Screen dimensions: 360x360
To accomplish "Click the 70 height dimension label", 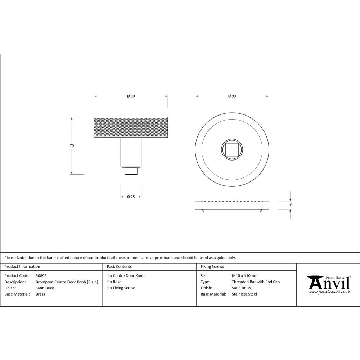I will pos(72,145).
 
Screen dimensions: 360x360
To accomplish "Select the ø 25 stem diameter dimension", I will pos(131,197).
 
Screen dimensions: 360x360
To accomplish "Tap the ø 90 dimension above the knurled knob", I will pos(131,96).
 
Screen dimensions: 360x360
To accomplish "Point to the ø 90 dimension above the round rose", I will pos(232,96).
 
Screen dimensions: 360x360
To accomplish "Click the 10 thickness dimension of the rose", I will pos(290,205).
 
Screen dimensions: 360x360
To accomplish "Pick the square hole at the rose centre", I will pos(232,149).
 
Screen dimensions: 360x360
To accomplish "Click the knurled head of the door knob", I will pos(131,127).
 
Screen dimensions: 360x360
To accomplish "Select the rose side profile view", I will pos(232,205).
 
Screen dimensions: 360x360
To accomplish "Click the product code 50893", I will pos(41,276).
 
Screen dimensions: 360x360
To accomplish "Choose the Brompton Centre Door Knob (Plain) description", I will pos(67,282).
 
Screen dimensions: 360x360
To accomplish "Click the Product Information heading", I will pos(22,267).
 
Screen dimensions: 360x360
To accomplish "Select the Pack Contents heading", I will pos(120,267).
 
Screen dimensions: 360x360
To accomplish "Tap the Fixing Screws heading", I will pos(212,267).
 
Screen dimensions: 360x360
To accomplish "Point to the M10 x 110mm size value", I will pos(244,276).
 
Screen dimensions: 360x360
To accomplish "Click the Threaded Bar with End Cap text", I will pos(256,282).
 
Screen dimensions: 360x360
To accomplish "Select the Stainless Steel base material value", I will pos(244,294).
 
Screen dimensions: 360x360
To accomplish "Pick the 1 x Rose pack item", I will pos(114,282).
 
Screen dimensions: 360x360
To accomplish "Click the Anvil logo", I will pos(328,283).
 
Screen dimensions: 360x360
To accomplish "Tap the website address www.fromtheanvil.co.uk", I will pos(329,292).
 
